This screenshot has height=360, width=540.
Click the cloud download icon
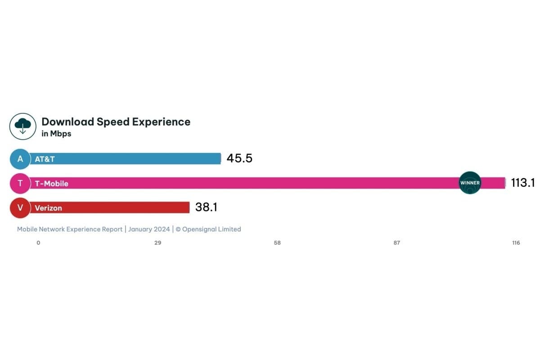tap(22, 126)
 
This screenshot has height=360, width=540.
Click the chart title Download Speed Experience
tap(116, 122)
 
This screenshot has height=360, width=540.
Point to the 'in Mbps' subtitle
tap(56, 134)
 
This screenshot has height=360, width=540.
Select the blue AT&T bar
tap(126, 159)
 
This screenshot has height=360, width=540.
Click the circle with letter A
tap(20, 159)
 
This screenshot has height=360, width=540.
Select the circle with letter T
tap(20, 183)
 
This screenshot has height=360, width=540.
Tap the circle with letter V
tap(20, 207)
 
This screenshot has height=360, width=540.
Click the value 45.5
tap(239, 158)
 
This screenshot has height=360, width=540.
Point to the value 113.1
tap(522, 183)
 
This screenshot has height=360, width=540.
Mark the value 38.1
tap(206, 207)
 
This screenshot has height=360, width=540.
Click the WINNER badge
tap(470, 183)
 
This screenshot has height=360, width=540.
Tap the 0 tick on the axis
tap(38, 243)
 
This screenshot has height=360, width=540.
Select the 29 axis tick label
tap(157, 243)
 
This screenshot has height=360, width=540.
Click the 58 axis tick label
tap(277, 243)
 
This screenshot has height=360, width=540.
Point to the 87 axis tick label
tap(396, 243)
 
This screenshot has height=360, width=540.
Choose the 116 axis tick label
tap(516, 243)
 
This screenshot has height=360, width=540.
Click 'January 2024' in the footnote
tap(149, 229)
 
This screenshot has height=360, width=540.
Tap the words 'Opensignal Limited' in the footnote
tap(211, 229)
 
